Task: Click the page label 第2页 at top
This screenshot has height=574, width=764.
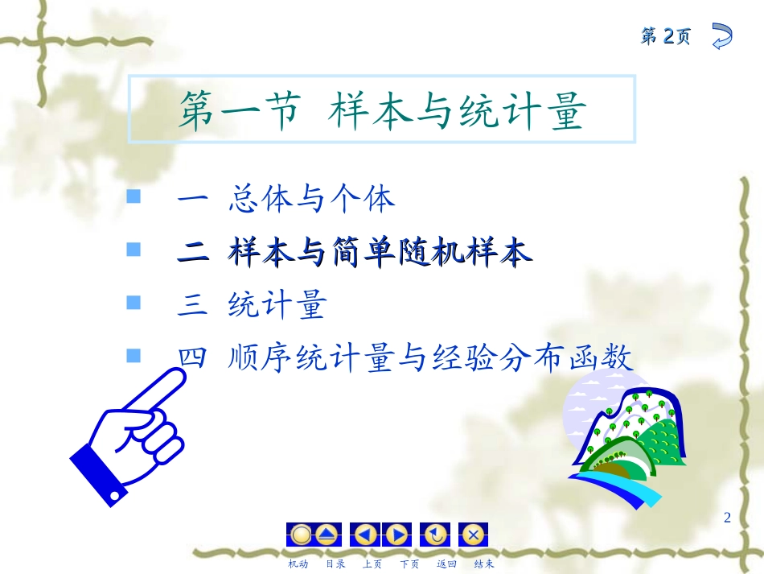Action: (x=665, y=36)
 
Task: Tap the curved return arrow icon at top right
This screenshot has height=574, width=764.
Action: (x=721, y=36)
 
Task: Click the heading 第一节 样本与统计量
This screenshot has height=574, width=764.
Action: (x=382, y=111)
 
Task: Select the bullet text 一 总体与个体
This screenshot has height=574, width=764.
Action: (x=286, y=199)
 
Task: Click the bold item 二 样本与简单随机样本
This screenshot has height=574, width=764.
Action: (x=355, y=253)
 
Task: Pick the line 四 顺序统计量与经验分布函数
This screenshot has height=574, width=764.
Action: (x=405, y=357)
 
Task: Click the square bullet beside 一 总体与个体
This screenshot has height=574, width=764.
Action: (x=133, y=197)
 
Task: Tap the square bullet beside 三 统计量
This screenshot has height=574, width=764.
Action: (x=133, y=303)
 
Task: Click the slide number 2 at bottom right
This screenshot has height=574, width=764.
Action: (x=727, y=518)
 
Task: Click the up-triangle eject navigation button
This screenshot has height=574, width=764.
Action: (x=327, y=535)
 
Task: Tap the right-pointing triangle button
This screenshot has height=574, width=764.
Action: (x=396, y=535)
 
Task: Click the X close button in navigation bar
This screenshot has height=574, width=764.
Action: (x=474, y=535)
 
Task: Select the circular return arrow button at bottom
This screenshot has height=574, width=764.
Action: (x=435, y=535)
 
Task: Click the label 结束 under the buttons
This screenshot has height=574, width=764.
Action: (x=484, y=564)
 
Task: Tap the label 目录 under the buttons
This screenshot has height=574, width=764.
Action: (x=335, y=564)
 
